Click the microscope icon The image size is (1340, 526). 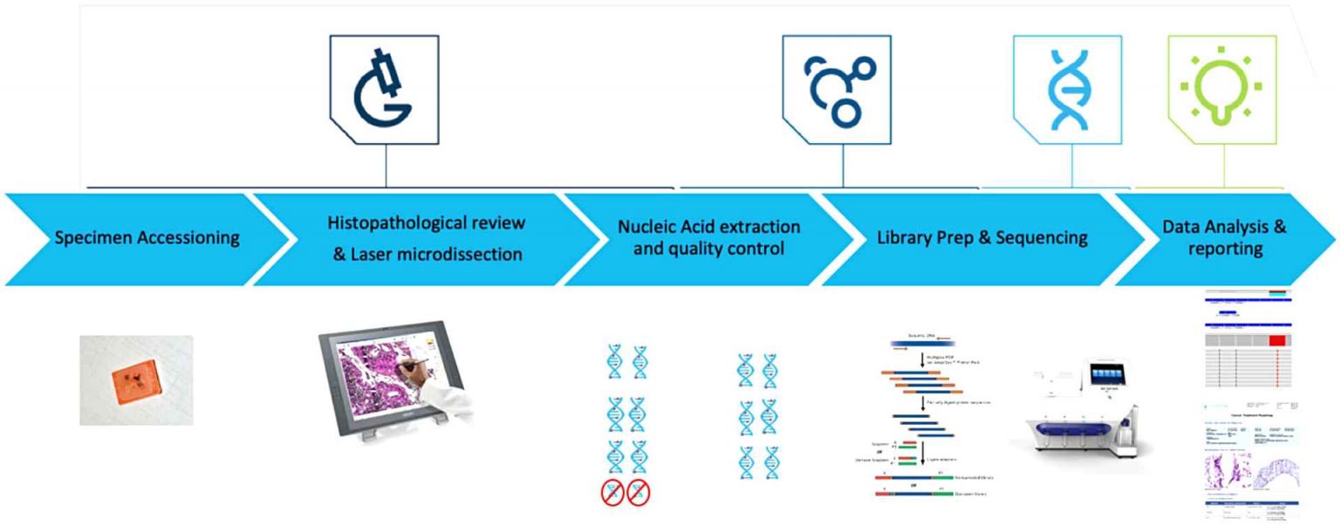[x=383, y=90]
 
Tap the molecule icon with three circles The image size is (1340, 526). [x=837, y=90]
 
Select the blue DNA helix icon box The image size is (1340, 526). [x=1067, y=90]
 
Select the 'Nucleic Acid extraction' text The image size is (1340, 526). [x=708, y=227]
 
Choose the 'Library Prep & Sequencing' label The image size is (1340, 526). [x=982, y=237]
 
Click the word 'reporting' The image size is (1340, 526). [x=1224, y=249]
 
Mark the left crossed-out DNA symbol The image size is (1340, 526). [x=614, y=493]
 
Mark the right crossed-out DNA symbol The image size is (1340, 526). [x=639, y=493]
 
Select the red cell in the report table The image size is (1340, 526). [x=1277, y=339]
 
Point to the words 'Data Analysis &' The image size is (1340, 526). [x=1224, y=227]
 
